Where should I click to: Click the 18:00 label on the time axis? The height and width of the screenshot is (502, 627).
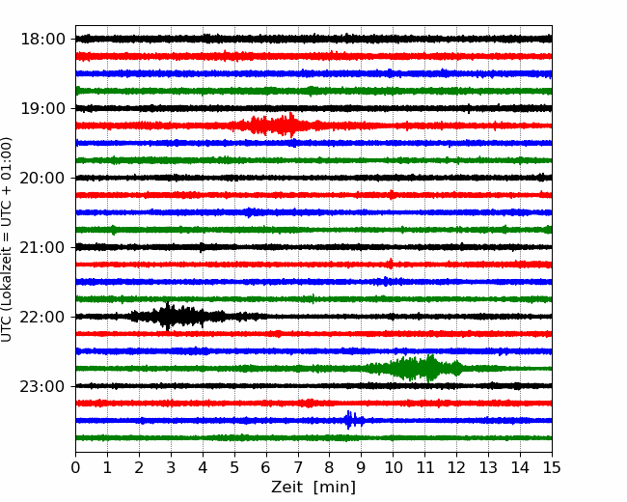42,40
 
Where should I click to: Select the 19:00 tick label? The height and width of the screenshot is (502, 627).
42,108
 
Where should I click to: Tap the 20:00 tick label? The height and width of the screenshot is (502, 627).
42,178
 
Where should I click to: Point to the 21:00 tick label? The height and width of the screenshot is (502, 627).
42,247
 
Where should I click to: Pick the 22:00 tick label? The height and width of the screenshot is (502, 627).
42,317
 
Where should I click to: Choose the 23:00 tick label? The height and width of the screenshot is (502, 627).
42,386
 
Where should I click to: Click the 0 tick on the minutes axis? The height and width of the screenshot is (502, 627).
75,467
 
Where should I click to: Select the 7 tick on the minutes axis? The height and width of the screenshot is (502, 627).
297,467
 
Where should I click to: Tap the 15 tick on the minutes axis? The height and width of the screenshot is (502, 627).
552,467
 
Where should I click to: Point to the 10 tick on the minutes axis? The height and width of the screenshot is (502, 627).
393,467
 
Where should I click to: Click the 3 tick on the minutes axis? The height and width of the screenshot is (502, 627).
171,467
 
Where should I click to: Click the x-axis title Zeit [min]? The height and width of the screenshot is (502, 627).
313,488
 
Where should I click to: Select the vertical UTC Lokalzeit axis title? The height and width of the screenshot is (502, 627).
7,239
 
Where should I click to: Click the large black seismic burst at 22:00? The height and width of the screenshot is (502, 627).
176,317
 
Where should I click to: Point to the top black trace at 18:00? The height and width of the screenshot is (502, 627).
313,39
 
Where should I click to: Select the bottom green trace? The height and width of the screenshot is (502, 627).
313,438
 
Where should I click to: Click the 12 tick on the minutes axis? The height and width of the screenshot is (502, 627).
456,467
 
